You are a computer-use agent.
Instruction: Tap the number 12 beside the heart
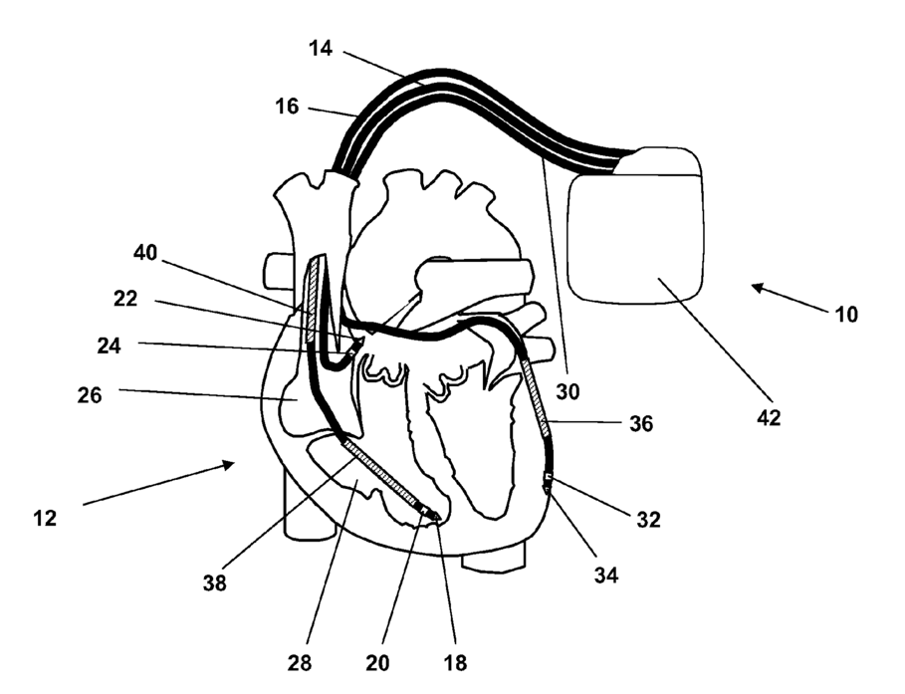point(45,518)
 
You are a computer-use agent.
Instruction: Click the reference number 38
point(215,583)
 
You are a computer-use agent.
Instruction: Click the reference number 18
point(456,662)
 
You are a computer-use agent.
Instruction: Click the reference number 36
point(642,423)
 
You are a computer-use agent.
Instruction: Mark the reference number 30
point(567,391)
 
